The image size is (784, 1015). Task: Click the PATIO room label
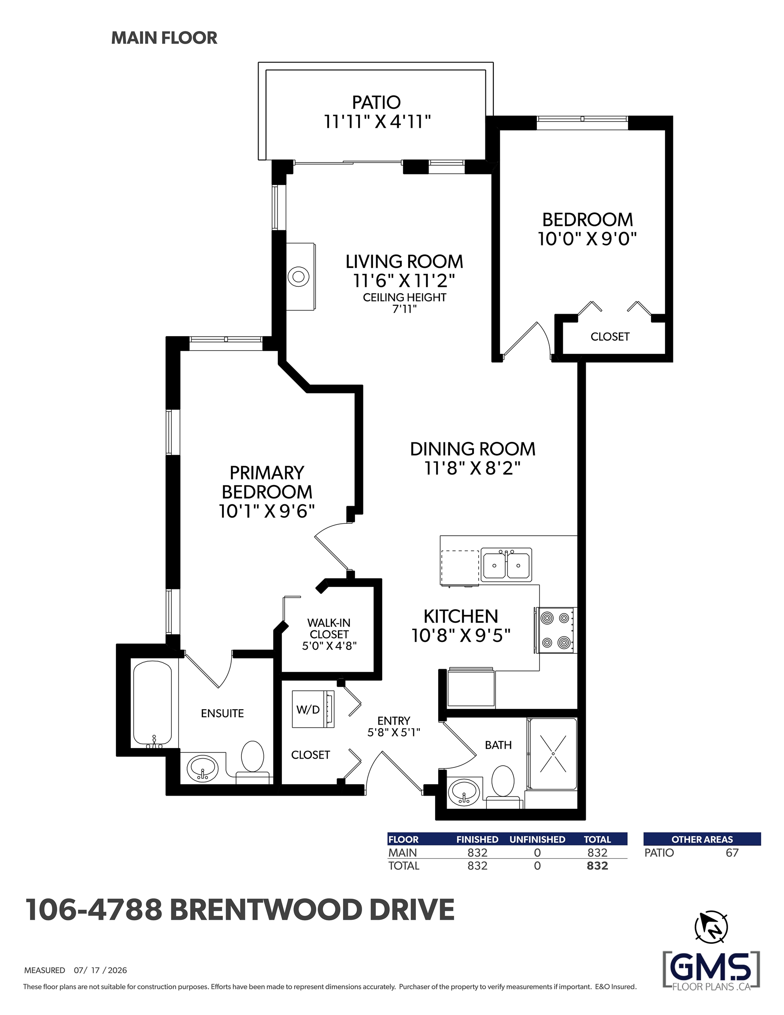pos(376,102)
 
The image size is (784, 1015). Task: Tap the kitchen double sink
pos(506,565)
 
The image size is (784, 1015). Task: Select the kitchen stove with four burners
pos(556,630)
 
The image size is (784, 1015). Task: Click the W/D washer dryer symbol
pos(313,709)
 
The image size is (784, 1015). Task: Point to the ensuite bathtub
pos(152,704)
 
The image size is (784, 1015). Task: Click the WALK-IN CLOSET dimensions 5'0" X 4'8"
pos(329,645)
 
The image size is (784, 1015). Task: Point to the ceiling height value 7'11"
pos(404,309)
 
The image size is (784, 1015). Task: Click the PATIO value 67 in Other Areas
pos(732,853)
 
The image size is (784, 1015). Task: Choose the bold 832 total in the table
pos(597,866)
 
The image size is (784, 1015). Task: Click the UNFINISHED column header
pos(537,839)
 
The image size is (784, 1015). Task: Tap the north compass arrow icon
pos(710,927)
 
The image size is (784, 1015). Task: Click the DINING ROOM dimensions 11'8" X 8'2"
pos(472,468)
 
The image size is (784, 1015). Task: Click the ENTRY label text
pos(394,721)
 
